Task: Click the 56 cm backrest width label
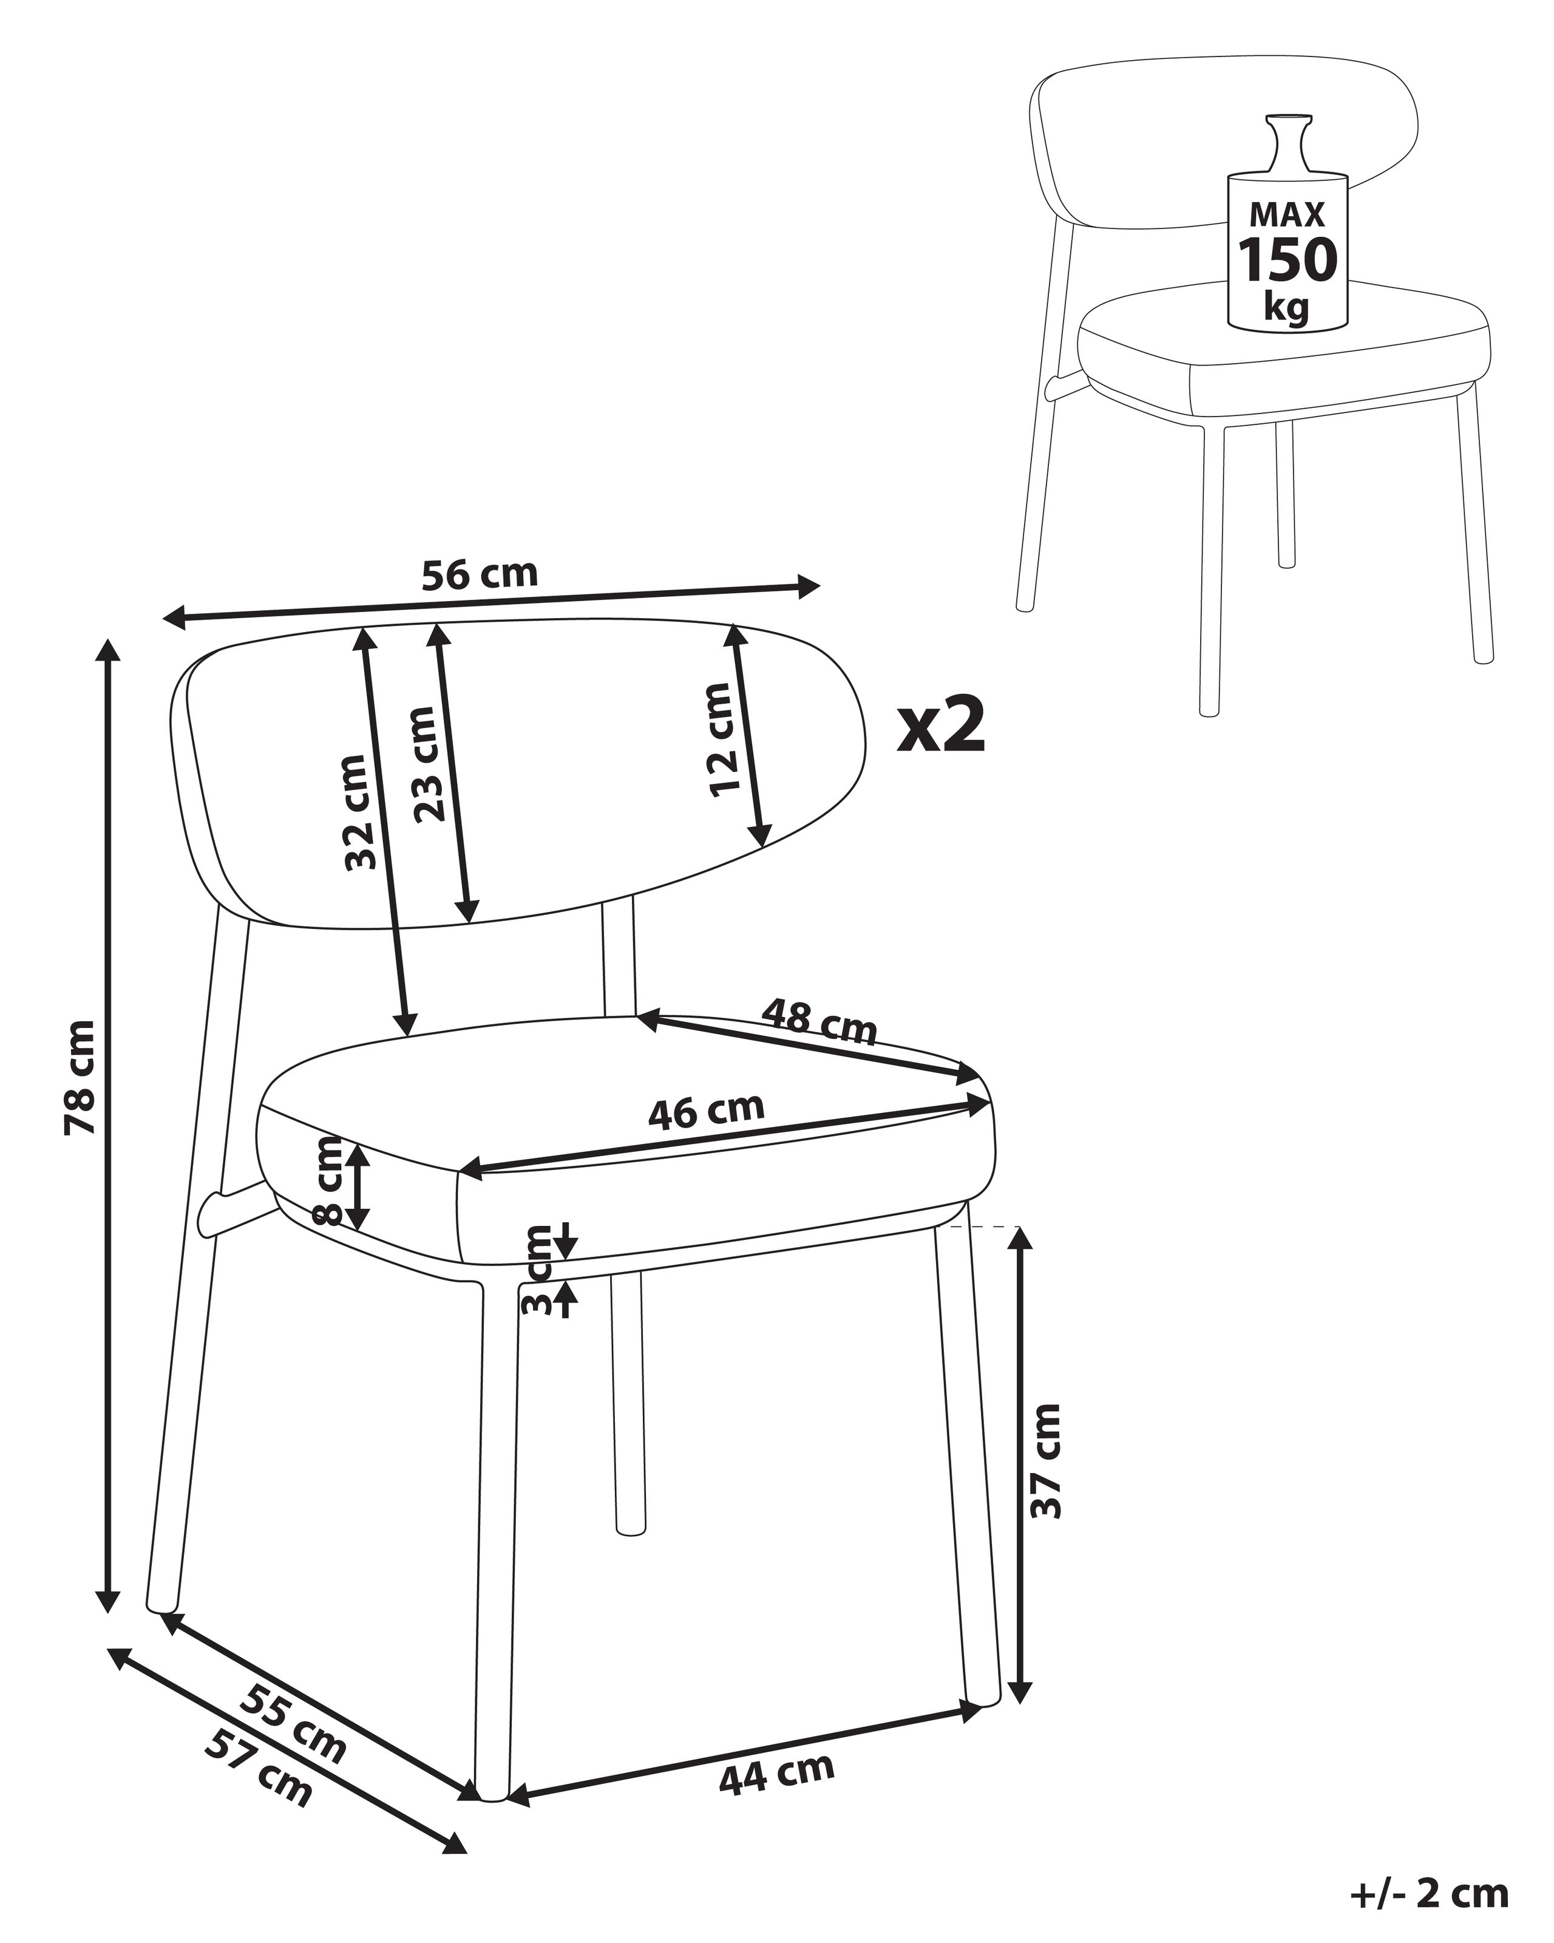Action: pyautogui.click(x=480, y=574)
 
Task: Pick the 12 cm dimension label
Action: pyautogui.click(x=720, y=739)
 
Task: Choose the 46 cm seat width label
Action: pyautogui.click(x=707, y=1111)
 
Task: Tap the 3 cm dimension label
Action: pyautogui.click(x=538, y=1269)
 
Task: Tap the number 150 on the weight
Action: pyautogui.click(x=1286, y=259)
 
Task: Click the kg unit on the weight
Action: pyautogui.click(x=1286, y=307)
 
